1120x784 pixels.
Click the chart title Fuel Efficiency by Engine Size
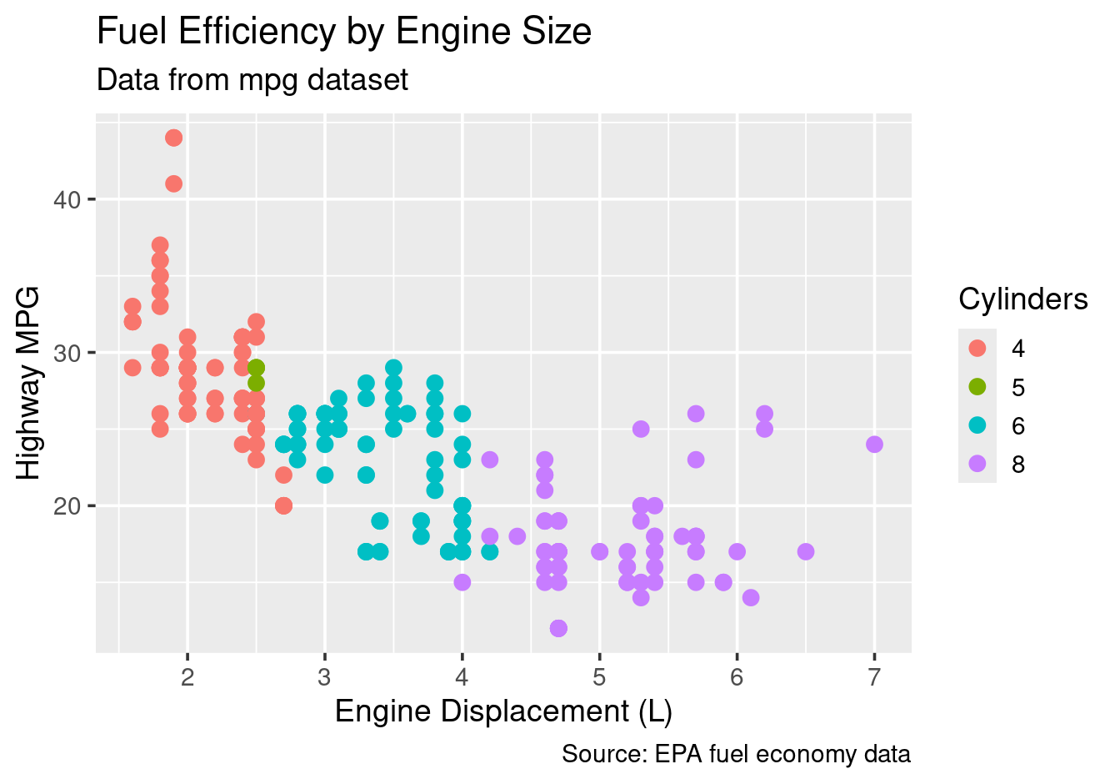pos(344,32)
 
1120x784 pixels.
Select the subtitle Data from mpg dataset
pos(252,80)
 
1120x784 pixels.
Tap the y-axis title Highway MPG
pos(29,383)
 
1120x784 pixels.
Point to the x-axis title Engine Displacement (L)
pos(503,711)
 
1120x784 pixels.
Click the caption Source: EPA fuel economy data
pos(736,755)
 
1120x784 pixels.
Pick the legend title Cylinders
pos(1023,299)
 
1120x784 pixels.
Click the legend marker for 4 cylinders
pos(977,348)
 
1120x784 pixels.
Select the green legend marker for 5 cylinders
pos(977,387)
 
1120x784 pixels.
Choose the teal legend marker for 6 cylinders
pos(977,425)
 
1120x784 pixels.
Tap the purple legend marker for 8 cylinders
pos(977,464)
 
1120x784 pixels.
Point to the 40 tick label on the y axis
pos(69,200)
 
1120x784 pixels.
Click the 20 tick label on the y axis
pos(69,506)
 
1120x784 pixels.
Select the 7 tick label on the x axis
pos(874,677)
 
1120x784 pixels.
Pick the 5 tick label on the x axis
pos(599,677)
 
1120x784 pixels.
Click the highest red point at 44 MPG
pos(173,138)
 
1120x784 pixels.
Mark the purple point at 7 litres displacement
pos(874,445)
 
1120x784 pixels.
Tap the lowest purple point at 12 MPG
pos(558,628)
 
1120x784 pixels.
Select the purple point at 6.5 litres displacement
pos(805,551)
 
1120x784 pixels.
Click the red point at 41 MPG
pos(173,183)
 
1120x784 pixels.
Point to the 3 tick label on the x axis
pos(325,677)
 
